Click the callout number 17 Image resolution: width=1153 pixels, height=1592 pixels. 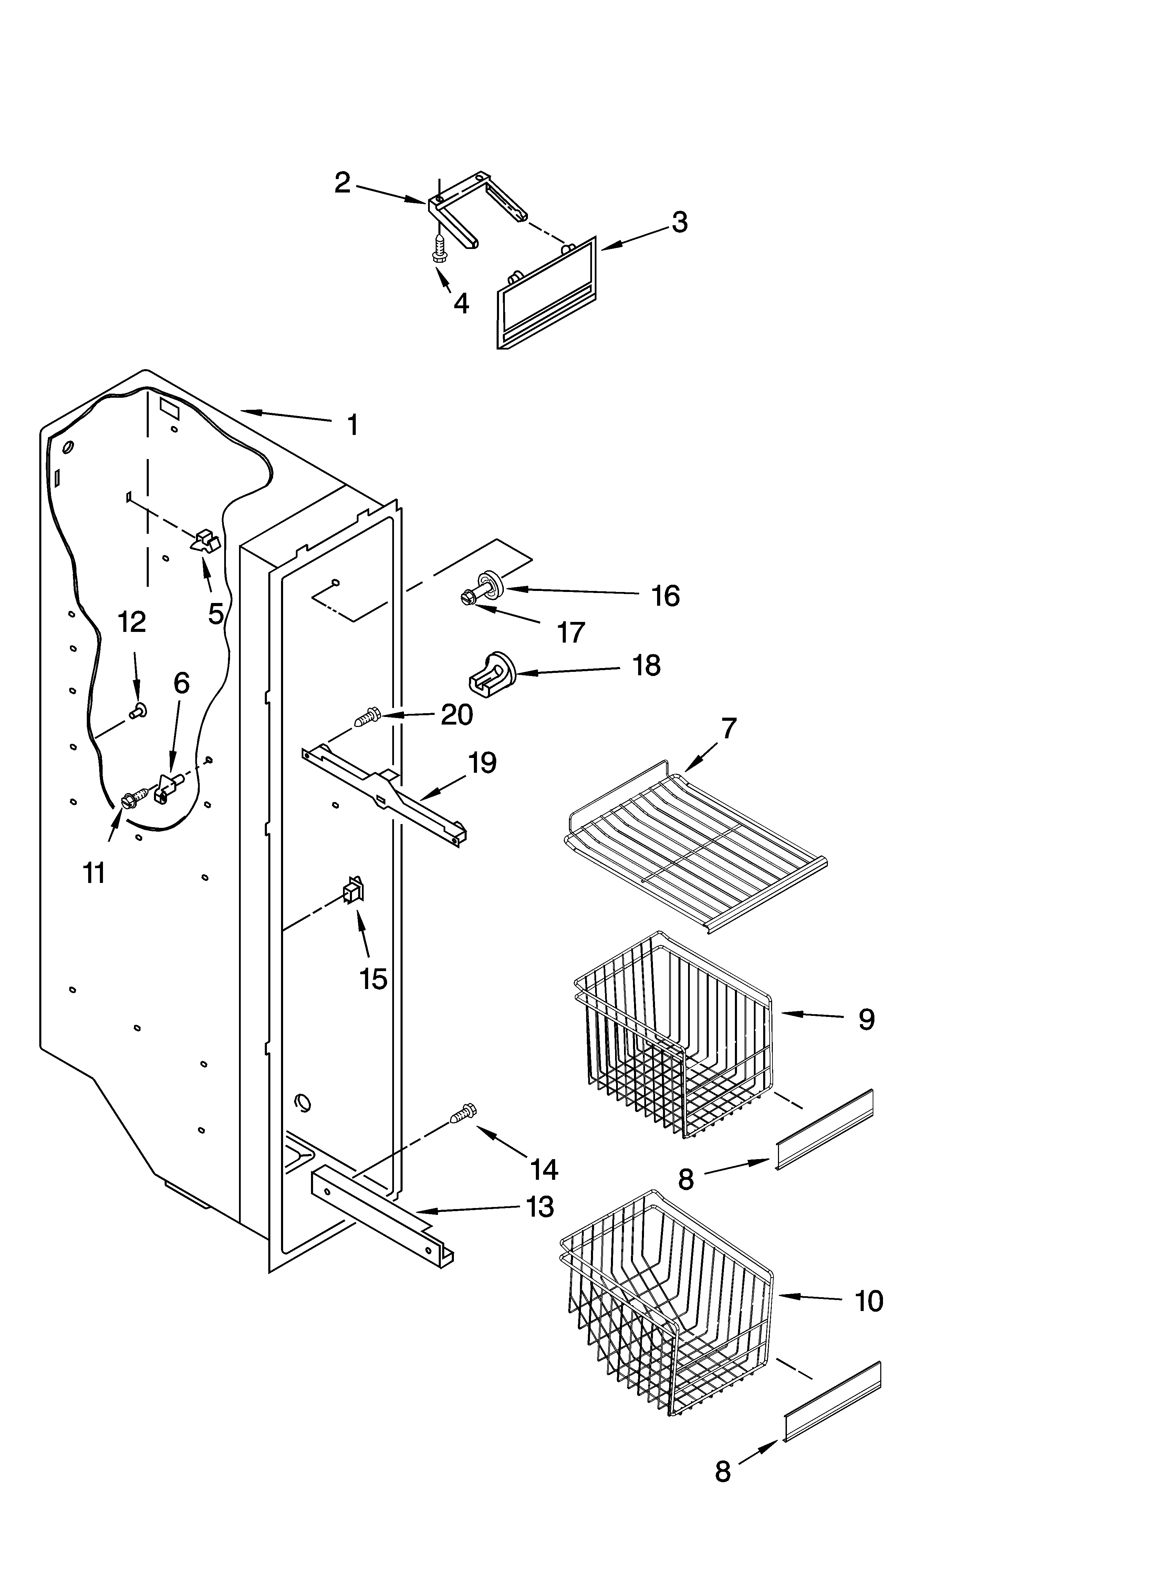(x=571, y=633)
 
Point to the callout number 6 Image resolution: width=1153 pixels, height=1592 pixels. (x=181, y=683)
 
